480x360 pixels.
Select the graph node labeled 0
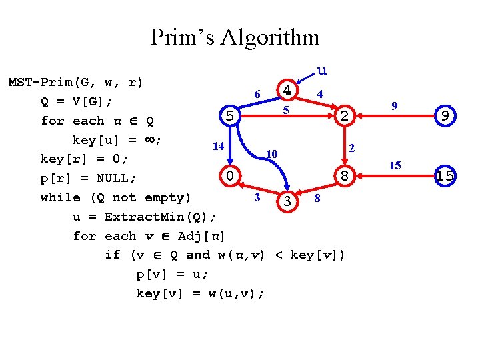point(229,177)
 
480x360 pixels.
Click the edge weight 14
point(217,146)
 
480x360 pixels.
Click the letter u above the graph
point(321,70)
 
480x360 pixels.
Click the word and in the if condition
point(197,255)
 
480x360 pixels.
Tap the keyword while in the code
point(57,197)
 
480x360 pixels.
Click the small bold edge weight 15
point(395,165)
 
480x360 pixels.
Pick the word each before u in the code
point(89,121)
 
